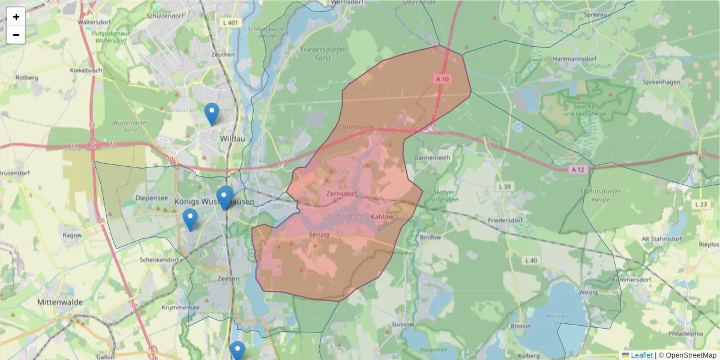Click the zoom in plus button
pyautogui.click(x=16, y=17)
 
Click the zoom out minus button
pyautogui.click(x=16, y=35)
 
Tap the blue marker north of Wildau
pyautogui.click(x=211, y=113)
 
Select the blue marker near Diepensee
pyautogui.click(x=190, y=220)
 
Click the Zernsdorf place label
pyautogui.click(x=342, y=194)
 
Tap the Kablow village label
pyautogui.click(x=382, y=217)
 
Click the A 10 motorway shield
pyautogui.click(x=442, y=79)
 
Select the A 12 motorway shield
pyautogui.click(x=577, y=170)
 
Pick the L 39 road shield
pyautogui.click(x=504, y=187)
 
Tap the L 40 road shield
pyautogui.click(x=530, y=260)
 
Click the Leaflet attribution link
pyautogui.click(x=641, y=355)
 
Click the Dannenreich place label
pyautogui.click(x=431, y=158)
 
